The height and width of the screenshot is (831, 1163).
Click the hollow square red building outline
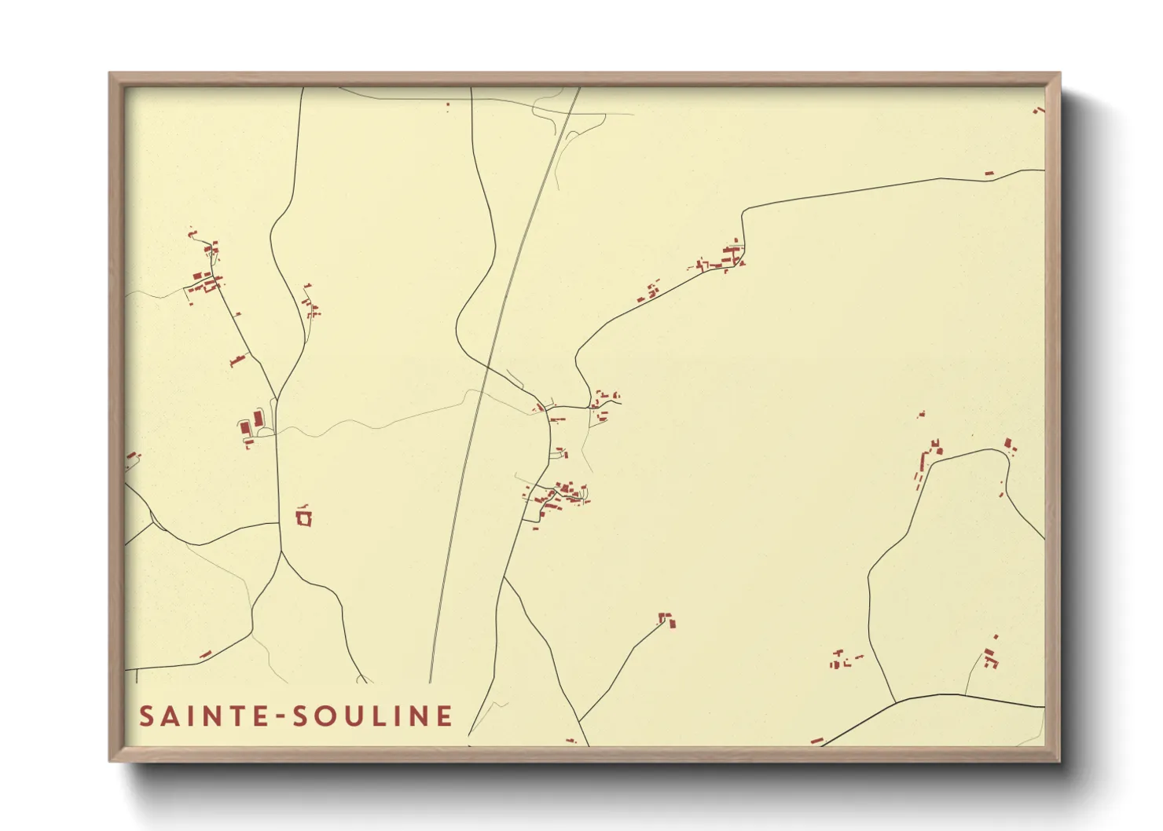pyautogui.click(x=304, y=518)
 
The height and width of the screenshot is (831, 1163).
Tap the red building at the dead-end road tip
pyautogui.click(x=667, y=621)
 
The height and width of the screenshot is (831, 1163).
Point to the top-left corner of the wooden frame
pyautogui.click(x=111, y=75)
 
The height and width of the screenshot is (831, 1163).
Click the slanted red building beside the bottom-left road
pyautogui.click(x=206, y=654)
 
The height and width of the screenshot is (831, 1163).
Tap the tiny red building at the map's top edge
pyautogui.click(x=448, y=104)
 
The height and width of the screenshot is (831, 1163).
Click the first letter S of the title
pyautogui.click(x=146, y=716)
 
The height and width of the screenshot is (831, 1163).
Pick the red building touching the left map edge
pyautogui.click(x=130, y=456)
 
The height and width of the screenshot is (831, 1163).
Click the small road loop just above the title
pyautogui.click(x=362, y=679)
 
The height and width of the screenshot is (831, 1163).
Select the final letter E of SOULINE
pyautogui.click(x=446, y=716)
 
